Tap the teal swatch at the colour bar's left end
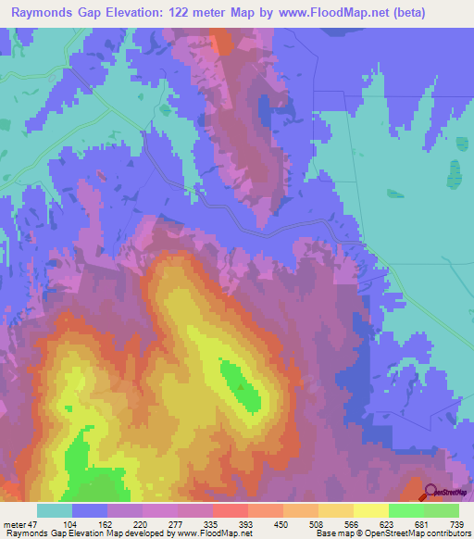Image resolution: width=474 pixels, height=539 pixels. (x=55, y=510)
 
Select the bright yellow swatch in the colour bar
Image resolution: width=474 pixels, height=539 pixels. (x=370, y=510)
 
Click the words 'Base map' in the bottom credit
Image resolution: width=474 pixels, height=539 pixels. (x=334, y=533)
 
